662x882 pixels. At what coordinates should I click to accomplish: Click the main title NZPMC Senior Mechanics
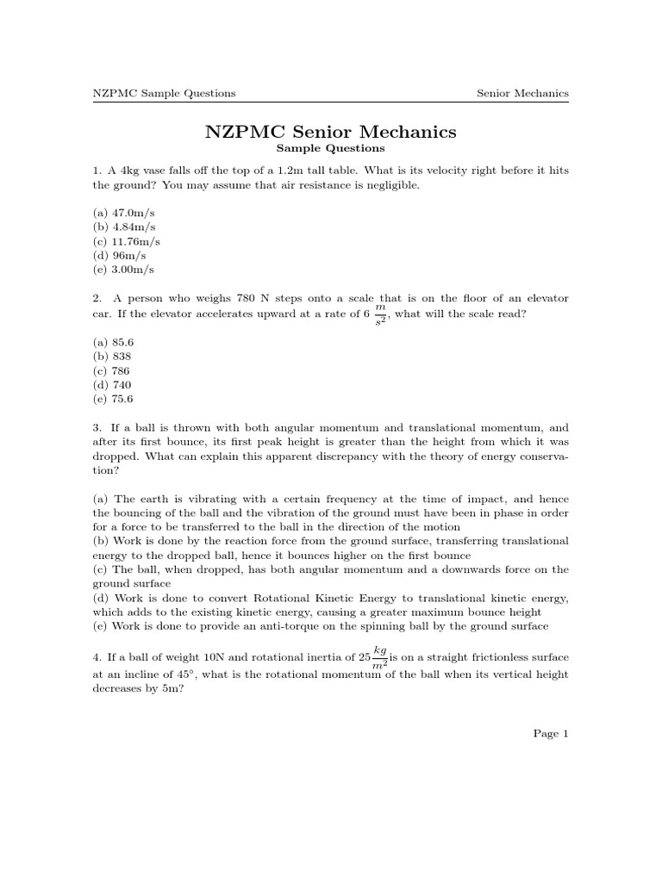330,132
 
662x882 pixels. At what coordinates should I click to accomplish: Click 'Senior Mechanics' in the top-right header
522,93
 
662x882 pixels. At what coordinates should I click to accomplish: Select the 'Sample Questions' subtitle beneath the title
330,149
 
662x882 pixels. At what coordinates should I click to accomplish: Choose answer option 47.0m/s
125,211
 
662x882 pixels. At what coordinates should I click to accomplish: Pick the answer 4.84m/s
125,227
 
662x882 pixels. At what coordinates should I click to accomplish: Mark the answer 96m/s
121,257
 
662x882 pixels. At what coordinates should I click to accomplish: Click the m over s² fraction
379,314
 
